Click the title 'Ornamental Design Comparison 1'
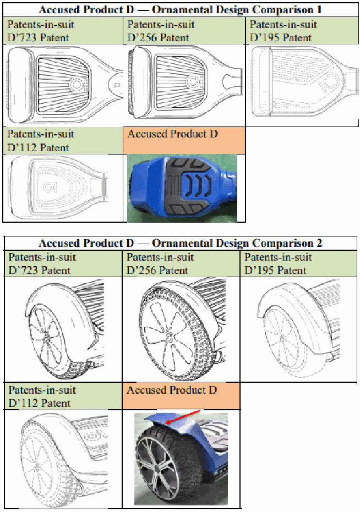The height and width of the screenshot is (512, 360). point(237,10)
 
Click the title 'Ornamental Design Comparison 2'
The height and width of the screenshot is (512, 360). point(237,243)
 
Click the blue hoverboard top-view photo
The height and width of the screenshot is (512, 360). point(182,189)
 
